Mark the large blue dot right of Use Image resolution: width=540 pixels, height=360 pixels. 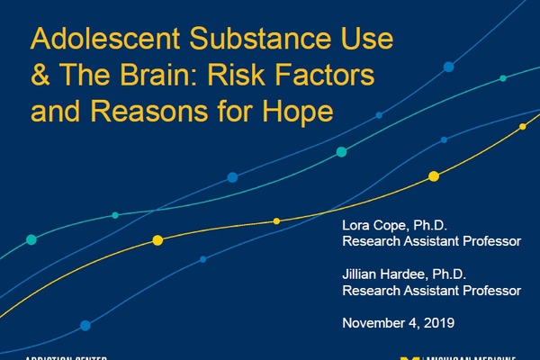pos(449,67)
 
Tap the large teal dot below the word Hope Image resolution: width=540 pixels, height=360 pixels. pos(341,152)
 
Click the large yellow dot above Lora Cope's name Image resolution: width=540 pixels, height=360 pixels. pos(434,176)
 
